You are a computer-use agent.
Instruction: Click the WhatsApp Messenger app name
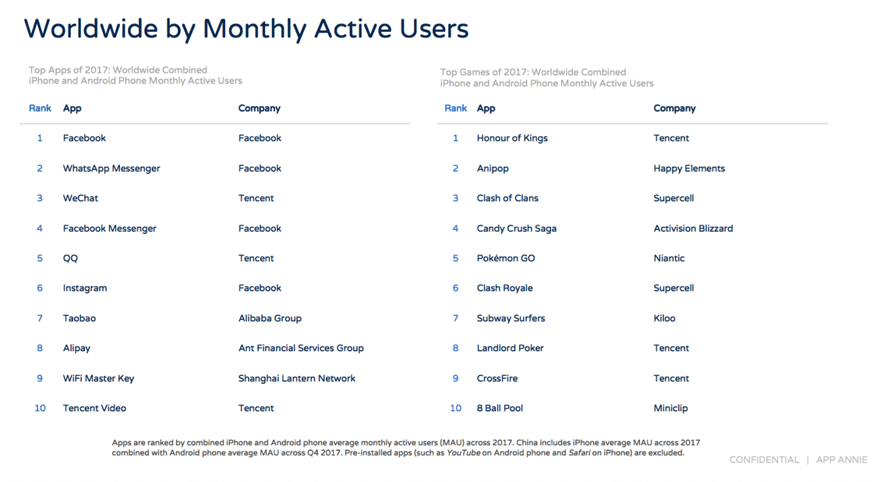pyautogui.click(x=111, y=168)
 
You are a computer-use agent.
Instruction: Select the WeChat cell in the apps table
pyautogui.click(x=80, y=198)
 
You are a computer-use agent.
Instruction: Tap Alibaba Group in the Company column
pyautogui.click(x=270, y=318)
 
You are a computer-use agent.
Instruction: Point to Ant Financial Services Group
pyautogui.click(x=301, y=349)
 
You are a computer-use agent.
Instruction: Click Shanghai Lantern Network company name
pyautogui.click(x=297, y=378)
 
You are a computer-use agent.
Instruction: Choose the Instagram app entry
pyautogui.click(x=85, y=288)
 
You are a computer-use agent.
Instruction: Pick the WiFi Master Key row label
pyautogui.click(x=98, y=378)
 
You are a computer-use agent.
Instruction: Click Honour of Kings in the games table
pyautogui.click(x=512, y=138)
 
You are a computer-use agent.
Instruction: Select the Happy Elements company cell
pyautogui.click(x=689, y=168)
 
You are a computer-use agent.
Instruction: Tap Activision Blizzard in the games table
pyautogui.click(x=693, y=229)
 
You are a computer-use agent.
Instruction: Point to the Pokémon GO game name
pyautogui.click(x=506, y=258)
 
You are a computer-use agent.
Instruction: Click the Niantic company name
pyautogui.click(x=670, y=258)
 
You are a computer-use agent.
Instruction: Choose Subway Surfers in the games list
pyautogui.click(x=511, y=318)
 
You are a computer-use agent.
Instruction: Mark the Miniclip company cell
pyautogui.click(x=671, y=409)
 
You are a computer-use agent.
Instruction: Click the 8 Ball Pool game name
pyautogui.click(x=500, y=409)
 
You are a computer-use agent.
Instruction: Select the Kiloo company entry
pyautogui.click(x=664, y=318)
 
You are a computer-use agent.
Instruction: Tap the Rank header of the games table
pyautogui.click(x=455, y=108)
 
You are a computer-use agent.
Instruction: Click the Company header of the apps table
pyautogui.click(x=260, y=108)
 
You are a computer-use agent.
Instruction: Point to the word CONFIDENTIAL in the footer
pyautogui.click(x=764, y=459)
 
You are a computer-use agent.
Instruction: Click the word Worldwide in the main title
pyautogui.click(x=90, y=29)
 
